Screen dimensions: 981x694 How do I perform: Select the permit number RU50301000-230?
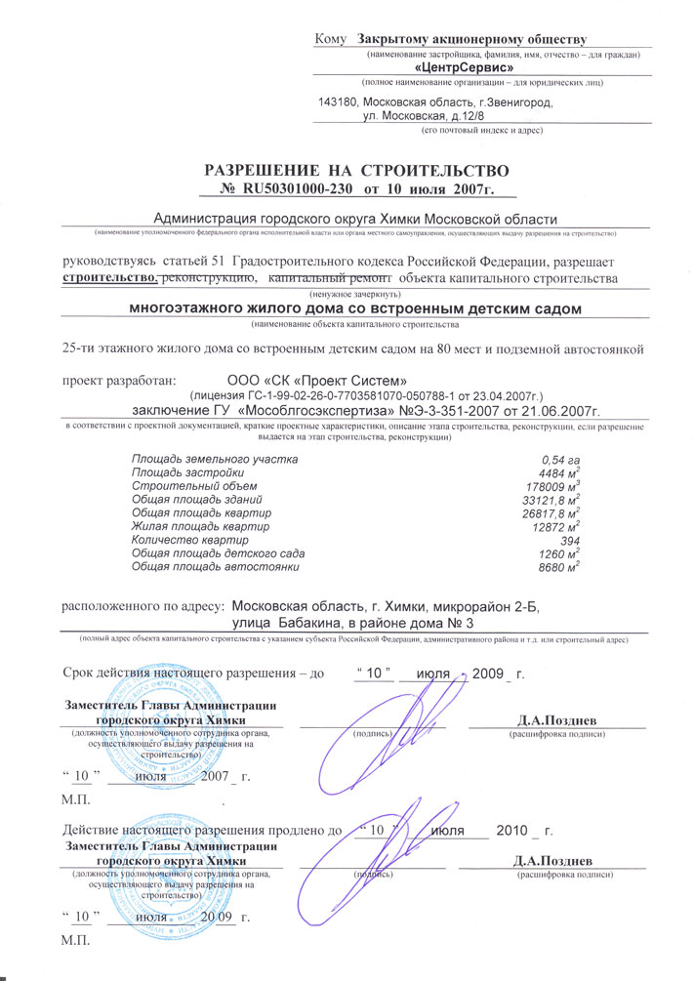(x=306, y=187)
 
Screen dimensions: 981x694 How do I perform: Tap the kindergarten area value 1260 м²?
(x=556, y=552)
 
